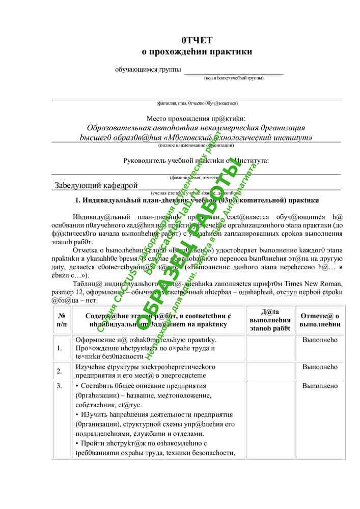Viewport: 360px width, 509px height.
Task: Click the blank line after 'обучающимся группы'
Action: point(233,71)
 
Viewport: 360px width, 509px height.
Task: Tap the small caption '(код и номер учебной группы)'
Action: point(234,78)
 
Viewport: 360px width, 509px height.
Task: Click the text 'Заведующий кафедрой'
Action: point(96,185)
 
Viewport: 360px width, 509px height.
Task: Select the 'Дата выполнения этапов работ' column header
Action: point(270,320)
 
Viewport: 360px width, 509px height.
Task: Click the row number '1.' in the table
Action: point(60,348)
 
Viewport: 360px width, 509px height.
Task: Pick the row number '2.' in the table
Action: point(60,371)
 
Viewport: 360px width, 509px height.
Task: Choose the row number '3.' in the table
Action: point(60,386)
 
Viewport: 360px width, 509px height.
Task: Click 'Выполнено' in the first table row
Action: point(320,340)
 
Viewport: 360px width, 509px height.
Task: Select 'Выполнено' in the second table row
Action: point(320,367)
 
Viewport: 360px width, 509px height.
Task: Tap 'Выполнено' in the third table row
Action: point(320,386)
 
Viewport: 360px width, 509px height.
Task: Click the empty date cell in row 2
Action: point(270,371)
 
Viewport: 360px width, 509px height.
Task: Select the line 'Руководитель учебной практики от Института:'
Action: point(196,161)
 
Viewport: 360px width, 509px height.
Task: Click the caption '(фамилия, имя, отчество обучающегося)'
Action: point(197,103)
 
